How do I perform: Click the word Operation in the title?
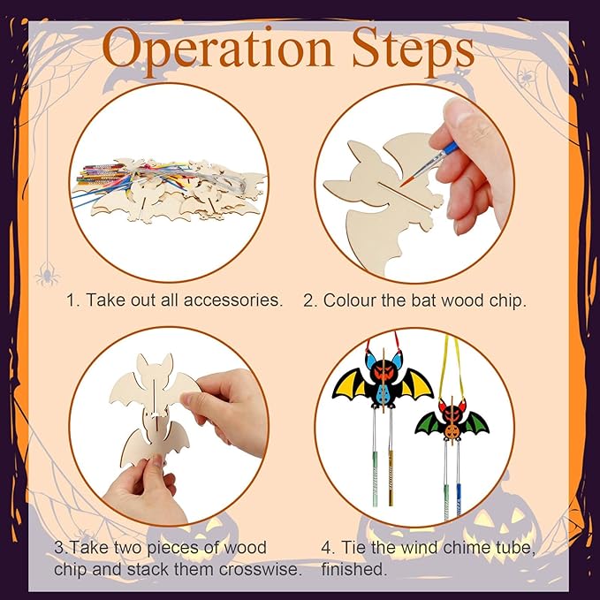tap(217, 49)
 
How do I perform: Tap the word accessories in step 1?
tap(232, 300)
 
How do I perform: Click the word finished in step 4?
tap(352, 569)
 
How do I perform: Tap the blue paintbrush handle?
tap(451, 148)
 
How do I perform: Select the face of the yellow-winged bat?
tap(383, 371)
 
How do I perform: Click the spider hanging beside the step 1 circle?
tap(47, 275)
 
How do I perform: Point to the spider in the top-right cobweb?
tap(526, 77)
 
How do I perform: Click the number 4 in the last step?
tap(326, 548)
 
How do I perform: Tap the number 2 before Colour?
tap(308, 300)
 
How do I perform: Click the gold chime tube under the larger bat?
tap(391, 477)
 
